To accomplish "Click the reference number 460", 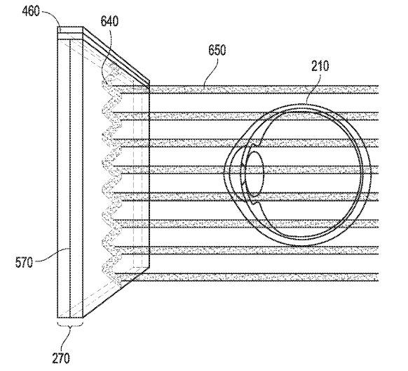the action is (31, 11).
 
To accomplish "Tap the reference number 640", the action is (109, 21).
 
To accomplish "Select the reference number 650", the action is (217, 49).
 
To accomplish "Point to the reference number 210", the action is (320, 66).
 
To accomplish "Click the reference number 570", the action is (25, 262).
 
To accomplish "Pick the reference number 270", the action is (61, 358).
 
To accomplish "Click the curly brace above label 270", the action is (70, 325).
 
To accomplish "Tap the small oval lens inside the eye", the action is (254, 174).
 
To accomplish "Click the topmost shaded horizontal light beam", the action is (264, 89).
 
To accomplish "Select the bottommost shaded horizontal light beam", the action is (247, 277).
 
